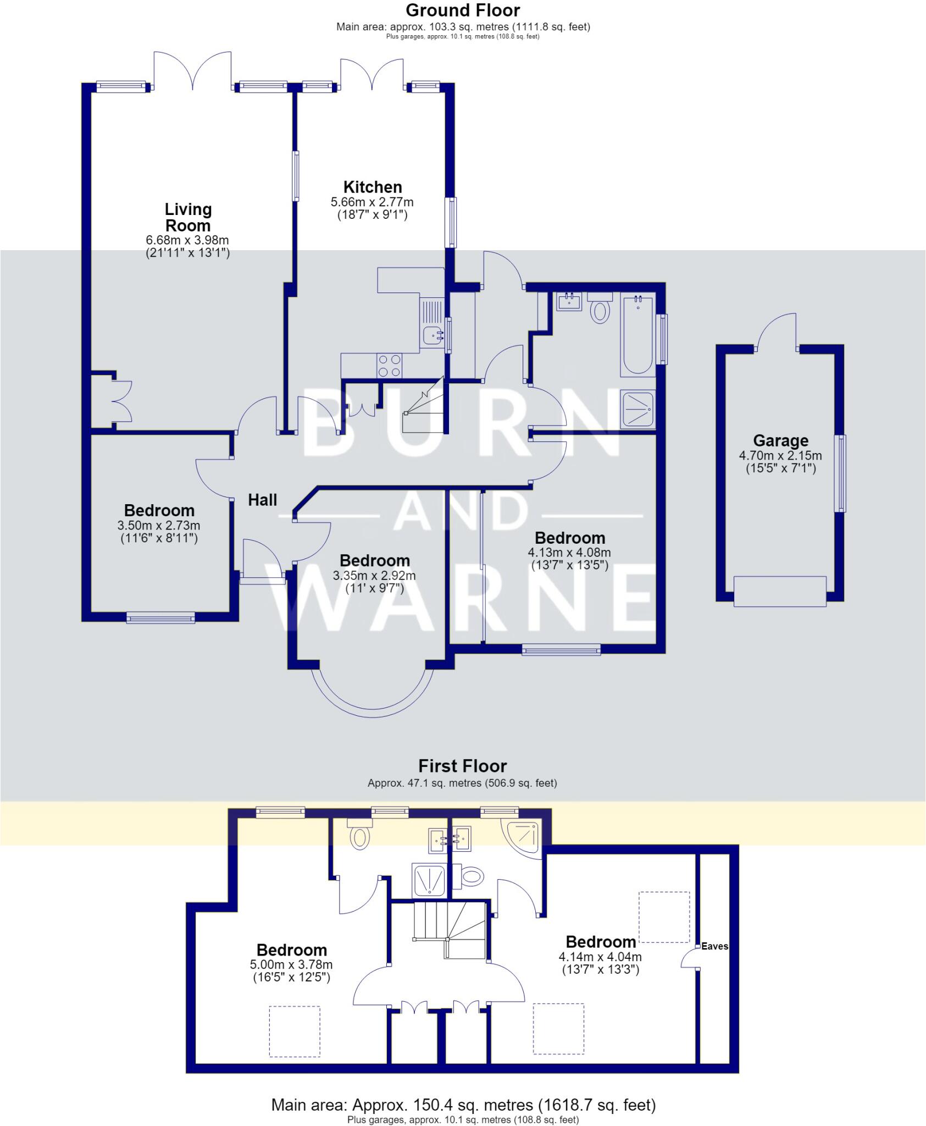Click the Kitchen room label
373,187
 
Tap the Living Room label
188,217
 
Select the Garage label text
780,440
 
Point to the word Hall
263,500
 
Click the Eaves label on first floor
714,946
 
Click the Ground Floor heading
463,10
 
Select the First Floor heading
463,766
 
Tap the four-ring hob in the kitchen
389,366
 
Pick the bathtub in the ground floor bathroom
637,335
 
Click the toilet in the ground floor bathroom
600,308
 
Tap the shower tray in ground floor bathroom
638,410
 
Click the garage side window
840,473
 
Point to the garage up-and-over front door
780,591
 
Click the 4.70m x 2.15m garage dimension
780,455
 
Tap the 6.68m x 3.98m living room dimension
187,240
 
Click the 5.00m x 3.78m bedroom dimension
291,964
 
